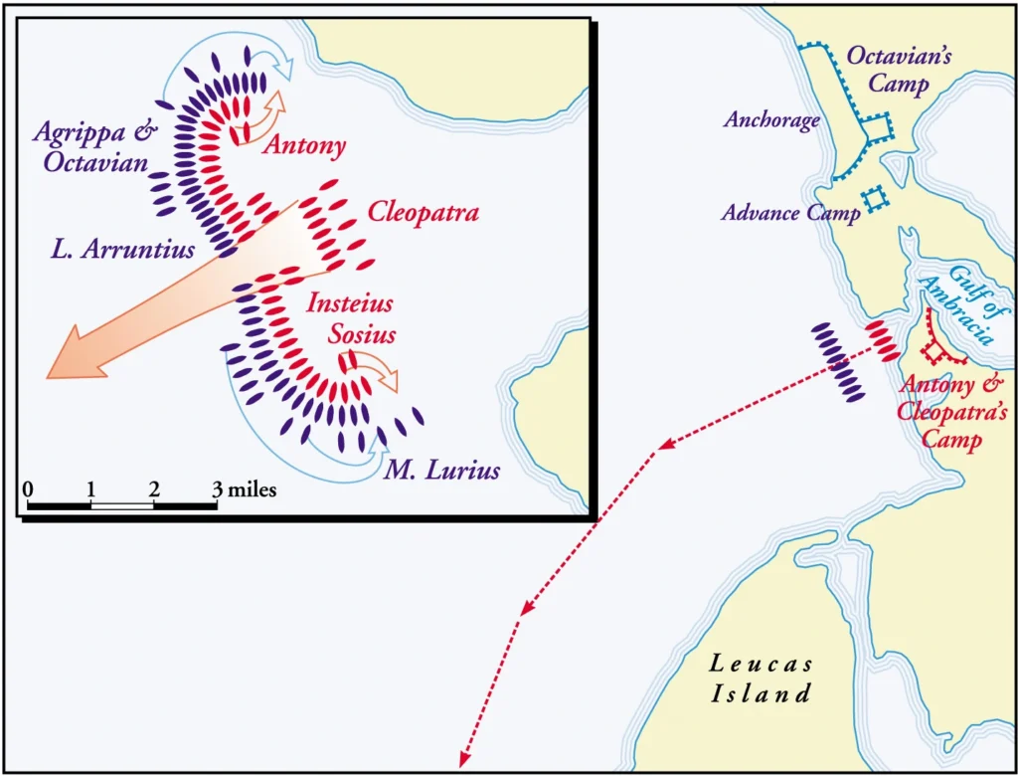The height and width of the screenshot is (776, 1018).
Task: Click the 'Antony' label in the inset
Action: click(304, 147)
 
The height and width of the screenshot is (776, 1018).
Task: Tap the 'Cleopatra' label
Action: click(424, 213)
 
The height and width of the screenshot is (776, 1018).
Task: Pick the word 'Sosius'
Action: click(364, 333)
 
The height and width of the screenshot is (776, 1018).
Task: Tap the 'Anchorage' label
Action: click(771, 121)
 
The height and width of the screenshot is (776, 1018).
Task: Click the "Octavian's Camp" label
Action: click(899, 69)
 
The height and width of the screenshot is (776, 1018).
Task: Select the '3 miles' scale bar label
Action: click(246, 489)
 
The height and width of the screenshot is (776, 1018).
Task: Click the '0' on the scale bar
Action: click(28, 489)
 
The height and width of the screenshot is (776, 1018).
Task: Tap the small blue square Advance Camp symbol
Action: click(875, 199)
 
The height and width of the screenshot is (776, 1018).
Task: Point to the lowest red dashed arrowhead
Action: click(463, 755)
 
